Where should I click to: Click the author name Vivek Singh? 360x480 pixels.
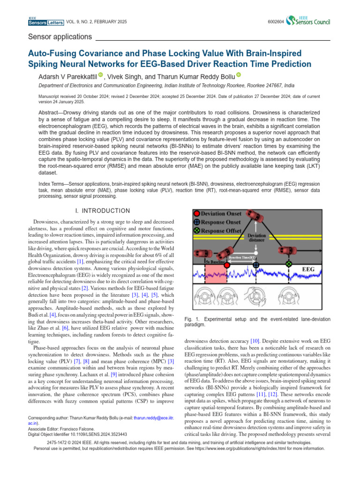tap(125, 76)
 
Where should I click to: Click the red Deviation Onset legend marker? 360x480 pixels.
tap(197, 214)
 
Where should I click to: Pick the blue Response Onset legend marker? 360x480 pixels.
tap(197, 222)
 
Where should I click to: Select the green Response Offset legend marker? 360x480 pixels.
tap(197, 231)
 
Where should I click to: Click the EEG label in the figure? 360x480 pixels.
tap(307, 270)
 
